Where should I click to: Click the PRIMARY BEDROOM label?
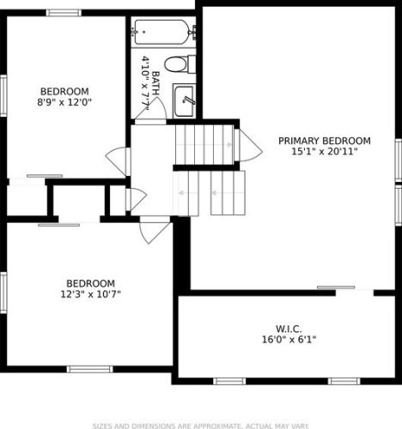[324, 141]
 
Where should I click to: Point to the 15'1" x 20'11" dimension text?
[324, 152]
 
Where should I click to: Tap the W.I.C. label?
[289, 329]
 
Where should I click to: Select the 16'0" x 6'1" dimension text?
[289, 340]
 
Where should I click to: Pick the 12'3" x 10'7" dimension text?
[90, 294]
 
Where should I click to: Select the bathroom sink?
[186, 100]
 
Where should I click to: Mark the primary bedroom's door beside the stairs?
[250, 143]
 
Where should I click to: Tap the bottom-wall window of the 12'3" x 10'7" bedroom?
[90, 370]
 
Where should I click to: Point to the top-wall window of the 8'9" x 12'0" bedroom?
[64, 13]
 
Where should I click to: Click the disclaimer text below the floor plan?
[200, 425]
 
